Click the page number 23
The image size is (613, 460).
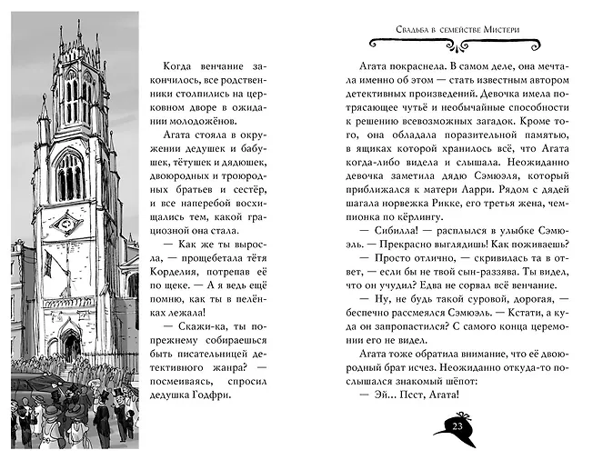click(457, 428)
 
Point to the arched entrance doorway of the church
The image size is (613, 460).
click(70, 346)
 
